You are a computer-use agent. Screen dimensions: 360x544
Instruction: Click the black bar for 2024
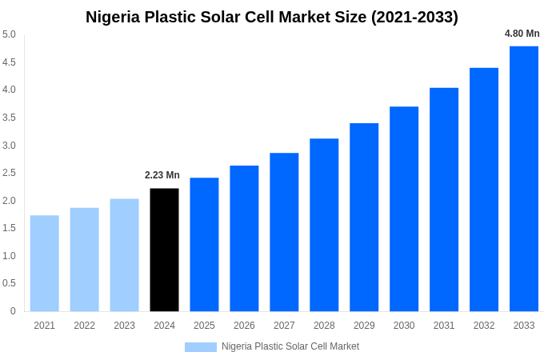coord(164,250)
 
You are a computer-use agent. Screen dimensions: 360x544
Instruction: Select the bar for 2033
coord(524,178)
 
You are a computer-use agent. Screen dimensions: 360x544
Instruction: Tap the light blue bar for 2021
coord(45,263)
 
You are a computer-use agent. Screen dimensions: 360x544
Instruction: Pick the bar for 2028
coord(324,225)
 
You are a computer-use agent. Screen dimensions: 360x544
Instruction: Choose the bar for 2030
coord(404,209)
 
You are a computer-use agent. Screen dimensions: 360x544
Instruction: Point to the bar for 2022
coord(84,259)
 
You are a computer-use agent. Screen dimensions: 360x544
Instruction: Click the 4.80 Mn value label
coord(522,34)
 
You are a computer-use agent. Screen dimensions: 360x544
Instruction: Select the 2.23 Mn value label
coord(162,175)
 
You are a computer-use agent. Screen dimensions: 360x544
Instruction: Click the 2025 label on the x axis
coord(204,326)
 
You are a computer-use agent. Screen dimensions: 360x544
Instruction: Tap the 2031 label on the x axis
coord(444,326)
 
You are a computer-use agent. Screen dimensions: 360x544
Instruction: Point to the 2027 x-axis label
coord(284,326)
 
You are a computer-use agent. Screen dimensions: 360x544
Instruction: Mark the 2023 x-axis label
coord(124,326)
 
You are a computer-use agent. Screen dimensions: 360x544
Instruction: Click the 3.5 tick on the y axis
coord(9,118)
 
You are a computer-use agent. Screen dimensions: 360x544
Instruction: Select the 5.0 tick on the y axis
coord(9,34)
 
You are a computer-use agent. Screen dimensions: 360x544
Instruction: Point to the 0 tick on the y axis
coord(13,311)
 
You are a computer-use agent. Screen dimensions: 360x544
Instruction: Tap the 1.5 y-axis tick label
coord(9,228)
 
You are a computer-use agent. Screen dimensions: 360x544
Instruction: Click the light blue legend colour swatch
coord(200,347)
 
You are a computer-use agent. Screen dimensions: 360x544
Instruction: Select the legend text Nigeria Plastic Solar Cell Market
coord(290,346)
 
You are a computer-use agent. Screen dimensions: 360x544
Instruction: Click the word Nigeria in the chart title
coord(114,17)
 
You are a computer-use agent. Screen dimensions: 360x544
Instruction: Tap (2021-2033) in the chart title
coord(414,17)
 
